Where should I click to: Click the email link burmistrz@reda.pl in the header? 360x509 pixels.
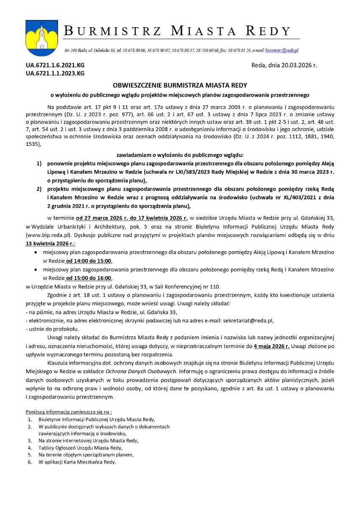(x=282, y=50)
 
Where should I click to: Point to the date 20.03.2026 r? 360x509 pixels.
(x=296, y=66)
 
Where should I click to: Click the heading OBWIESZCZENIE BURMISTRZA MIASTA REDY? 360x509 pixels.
(x=180, y=85)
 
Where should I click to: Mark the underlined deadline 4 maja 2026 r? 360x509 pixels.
(x=271, y=347)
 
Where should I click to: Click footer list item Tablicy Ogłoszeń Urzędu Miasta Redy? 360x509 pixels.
(x=81, y=447)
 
